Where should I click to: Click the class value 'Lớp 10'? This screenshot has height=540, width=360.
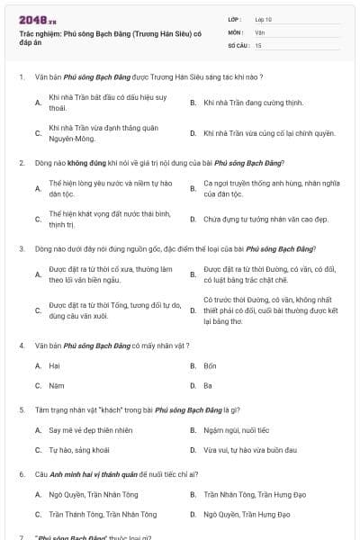point(263,19)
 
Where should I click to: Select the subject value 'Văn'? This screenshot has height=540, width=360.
point(259,31)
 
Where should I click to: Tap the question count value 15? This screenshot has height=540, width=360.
point(258,44)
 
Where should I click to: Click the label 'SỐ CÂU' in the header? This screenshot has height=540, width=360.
point(238,44)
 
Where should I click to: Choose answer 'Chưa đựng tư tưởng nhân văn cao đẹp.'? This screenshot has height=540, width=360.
point(258,219)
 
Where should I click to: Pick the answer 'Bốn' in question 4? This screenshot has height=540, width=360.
point(210,366)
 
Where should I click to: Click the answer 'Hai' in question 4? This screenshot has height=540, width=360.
point(54,366)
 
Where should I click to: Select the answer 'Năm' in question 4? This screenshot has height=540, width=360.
point(56,386)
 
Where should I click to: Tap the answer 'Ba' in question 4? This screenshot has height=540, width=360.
point(208,386)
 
